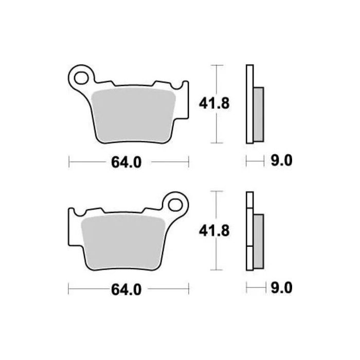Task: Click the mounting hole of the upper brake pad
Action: pos(81,78)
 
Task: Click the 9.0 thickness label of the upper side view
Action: pos(280,161)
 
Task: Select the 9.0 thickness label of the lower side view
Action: pos(280,289)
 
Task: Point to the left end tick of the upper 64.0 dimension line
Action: pos(69,162)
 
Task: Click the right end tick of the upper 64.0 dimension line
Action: pos(189,162)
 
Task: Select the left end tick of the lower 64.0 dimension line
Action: pos(69,289)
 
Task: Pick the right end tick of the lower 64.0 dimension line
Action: pos(189,289)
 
